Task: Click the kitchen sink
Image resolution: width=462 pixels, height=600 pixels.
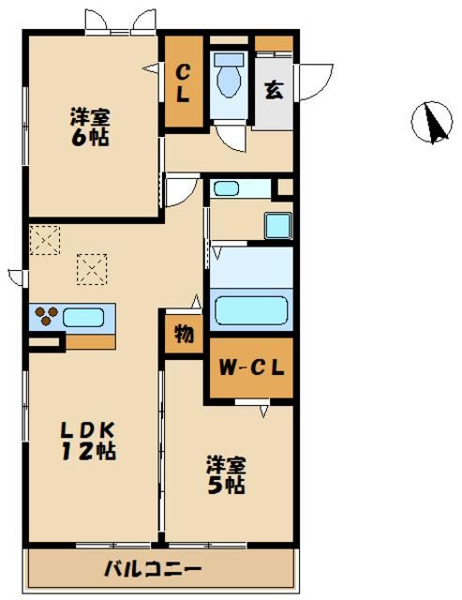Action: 84,317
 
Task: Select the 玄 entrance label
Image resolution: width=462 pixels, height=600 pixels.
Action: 273,90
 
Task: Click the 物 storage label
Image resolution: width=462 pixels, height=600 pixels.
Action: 185,334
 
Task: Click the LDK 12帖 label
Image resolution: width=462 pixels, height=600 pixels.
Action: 89,440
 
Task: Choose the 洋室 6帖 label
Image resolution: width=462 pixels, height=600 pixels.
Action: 91,127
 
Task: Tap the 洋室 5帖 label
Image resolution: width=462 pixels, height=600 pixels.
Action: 226,474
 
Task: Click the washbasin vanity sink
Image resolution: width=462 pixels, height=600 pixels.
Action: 228,188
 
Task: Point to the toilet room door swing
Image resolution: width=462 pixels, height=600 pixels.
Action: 231,137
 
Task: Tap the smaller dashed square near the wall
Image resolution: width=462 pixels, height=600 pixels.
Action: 43,239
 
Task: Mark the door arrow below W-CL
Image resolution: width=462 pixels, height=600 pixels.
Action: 265,410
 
